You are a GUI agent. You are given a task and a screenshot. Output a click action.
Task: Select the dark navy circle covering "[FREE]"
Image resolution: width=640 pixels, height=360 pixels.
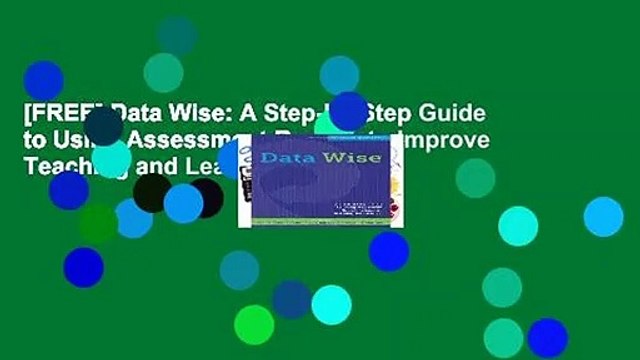click(x=104, y=127)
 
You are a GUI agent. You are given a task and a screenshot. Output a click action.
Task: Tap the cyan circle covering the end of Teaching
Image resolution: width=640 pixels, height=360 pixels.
click(x=111, y=158)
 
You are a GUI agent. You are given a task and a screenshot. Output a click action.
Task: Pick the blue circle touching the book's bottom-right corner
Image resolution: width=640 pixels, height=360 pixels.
click(x=388, y=251)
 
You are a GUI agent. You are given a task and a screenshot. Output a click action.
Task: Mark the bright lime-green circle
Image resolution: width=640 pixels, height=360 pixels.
click(x=254, y=324)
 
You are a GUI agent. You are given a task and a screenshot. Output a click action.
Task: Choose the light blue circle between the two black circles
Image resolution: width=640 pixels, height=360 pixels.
click(x=183, y=203)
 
